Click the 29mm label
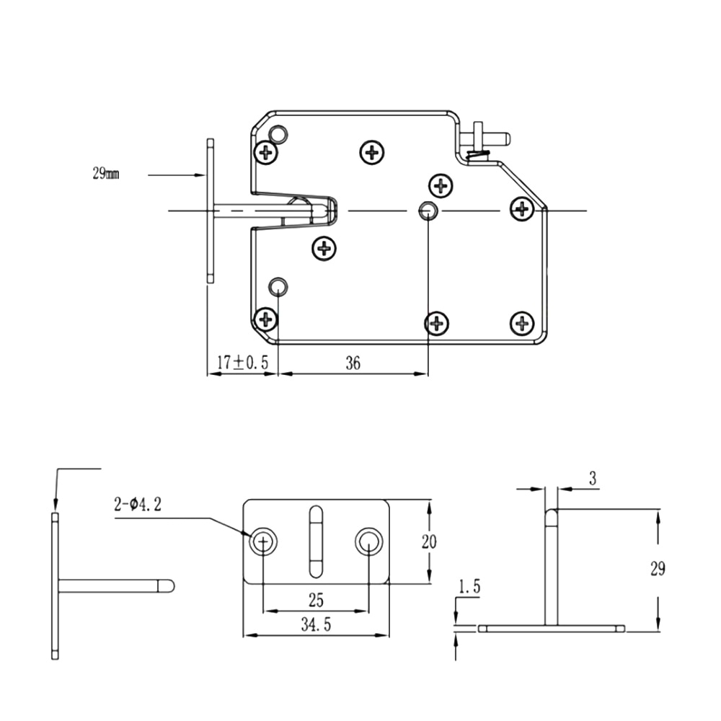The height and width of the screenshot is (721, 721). click(106, 174)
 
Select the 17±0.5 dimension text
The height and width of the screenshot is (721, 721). click(242, 363)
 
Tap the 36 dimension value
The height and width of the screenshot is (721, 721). click(353, 363)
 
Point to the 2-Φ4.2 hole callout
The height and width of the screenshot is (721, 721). click(138, 505)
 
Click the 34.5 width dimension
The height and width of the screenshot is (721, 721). click(316, 624)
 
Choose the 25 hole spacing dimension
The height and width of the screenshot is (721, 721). click(316, 600)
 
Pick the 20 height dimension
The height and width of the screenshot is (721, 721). click(429, 541)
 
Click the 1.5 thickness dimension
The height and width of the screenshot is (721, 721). click(469, 587)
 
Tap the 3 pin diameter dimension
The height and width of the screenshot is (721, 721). click(593, 479)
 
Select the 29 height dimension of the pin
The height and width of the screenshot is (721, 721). click(658, 570)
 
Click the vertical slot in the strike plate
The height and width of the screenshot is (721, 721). click(316, 541)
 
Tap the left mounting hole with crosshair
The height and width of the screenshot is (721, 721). click(263, 541)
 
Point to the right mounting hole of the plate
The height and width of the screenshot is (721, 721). click(368, 541)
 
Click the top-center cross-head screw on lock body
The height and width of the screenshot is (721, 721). click(371, 152)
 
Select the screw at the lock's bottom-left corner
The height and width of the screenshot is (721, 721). click(266, 319)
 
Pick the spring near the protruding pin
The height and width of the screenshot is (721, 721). click(478, 156)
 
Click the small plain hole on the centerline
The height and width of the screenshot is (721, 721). click(428, 211)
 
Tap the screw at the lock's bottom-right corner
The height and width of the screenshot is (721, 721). click(522, 323)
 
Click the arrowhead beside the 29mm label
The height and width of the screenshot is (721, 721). click(199, 174)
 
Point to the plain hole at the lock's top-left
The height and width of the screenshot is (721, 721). click(278, 135)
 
